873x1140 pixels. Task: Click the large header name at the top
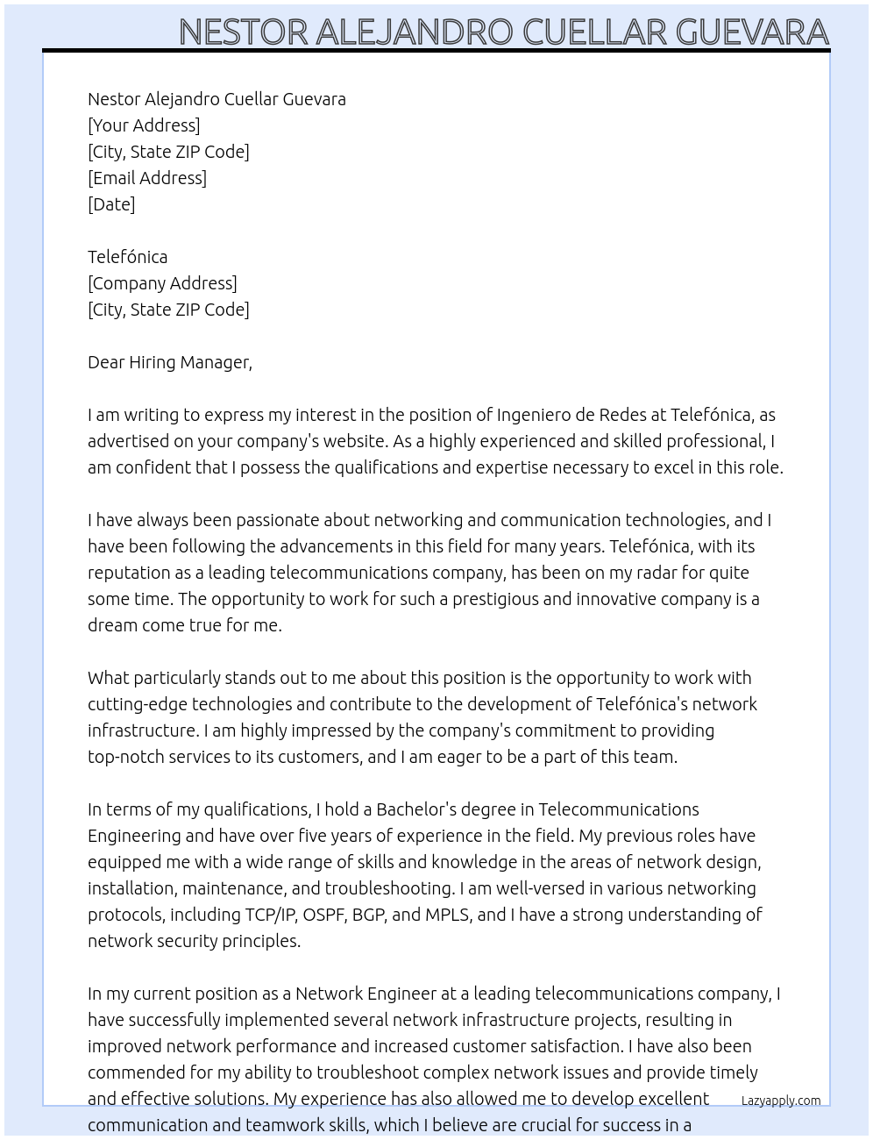click(x=503, y=32)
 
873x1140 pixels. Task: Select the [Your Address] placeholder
click(x=144, y=125)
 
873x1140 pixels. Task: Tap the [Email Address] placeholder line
click(x=147, y=178)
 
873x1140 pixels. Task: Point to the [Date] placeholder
click(x=111, y=204)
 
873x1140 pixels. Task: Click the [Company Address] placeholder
click(x=162, y=283)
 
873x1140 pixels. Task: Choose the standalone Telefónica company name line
click(x=127, y=257)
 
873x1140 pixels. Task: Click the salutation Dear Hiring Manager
click(x=169, y=362)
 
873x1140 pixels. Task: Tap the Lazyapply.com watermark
click(x=781, y=1101)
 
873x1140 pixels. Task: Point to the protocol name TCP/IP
click(x=270, y=915)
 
